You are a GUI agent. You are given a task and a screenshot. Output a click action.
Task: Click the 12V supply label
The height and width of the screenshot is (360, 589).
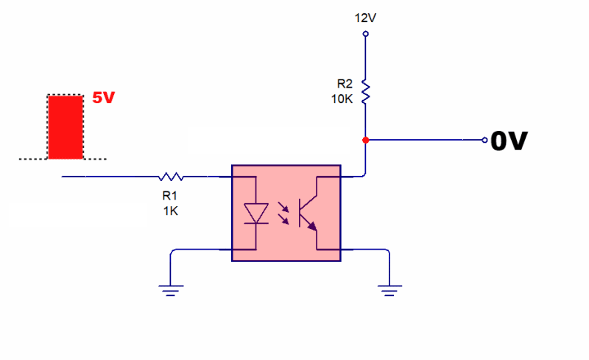pyautogui.click(x=365, y=16)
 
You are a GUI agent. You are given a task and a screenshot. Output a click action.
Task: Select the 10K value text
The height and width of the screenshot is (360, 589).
pyautogui.click(x=343, y=99)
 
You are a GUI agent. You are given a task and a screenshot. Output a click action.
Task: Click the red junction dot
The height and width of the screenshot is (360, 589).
pyautogui.click(x=365, y=140)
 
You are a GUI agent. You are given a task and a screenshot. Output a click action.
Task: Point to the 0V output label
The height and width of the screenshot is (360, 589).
pyautogui.click(x=509, y=141)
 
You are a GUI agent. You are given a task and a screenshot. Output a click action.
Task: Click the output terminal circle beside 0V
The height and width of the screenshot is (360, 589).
pyautogui.click(x=484, y=140)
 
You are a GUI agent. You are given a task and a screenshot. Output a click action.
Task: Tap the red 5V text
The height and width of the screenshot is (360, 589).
pyautogui.click(x=104, y=98)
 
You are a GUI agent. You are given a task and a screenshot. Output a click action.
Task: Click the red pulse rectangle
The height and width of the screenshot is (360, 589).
pyautogui.click(x=65, y=127)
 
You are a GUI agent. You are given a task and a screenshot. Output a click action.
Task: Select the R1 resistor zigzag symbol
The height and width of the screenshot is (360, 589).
pyautogui.click(x=171, y=177)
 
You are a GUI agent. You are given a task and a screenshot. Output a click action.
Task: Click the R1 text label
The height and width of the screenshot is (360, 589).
pyautogui.click(x=170, y=196)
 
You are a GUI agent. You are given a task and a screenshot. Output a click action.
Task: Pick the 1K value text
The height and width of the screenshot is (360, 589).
pyautogui.click(x=170, y=211)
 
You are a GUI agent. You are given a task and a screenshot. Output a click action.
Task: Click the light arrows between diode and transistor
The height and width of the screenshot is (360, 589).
pyautogui.click(x=283, y=213)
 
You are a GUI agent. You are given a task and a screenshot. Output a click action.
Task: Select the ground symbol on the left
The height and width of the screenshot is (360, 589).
pyautogui.click(x=171, y=289)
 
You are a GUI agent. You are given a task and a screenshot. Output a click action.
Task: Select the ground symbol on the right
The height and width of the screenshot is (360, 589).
pyautogui.click(x=388, y=289)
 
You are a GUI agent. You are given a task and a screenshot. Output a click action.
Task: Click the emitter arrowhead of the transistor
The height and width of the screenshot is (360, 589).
pyautogui.click(x=314, y=226)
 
